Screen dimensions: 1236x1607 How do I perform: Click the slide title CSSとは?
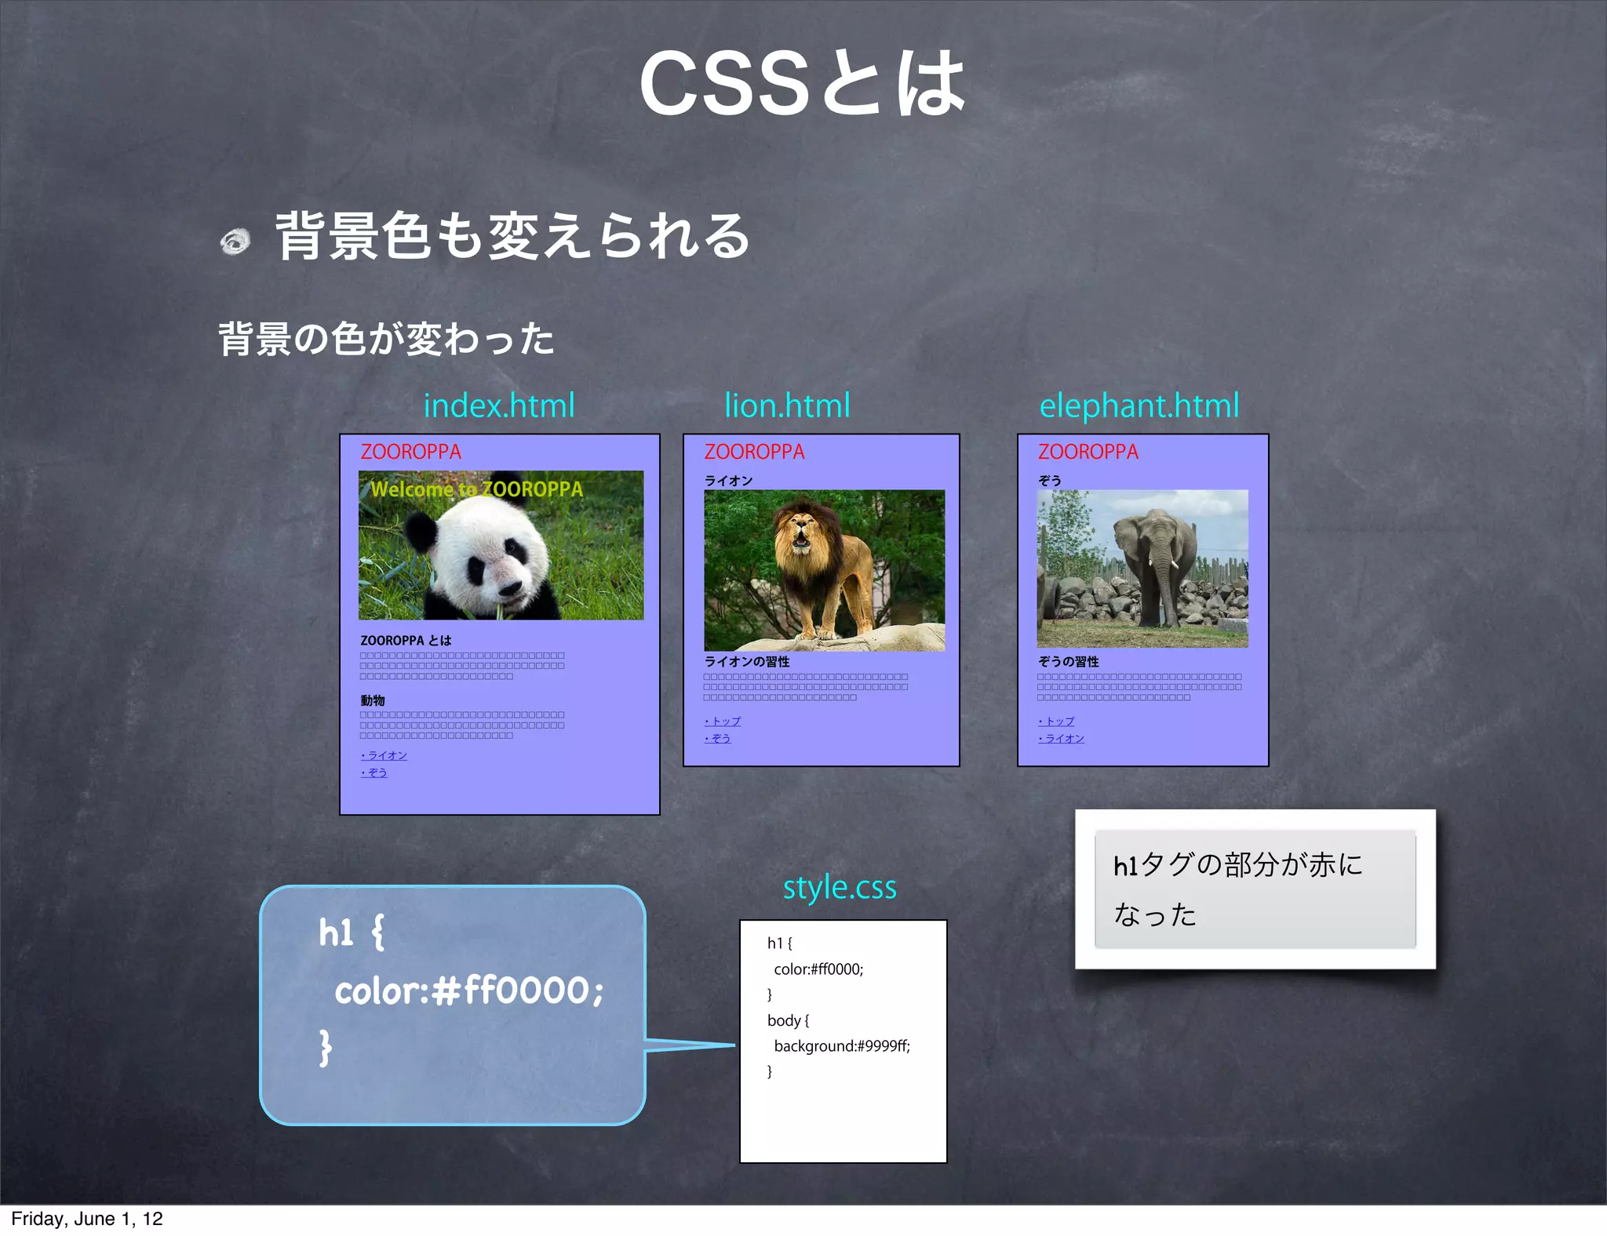(802, 84)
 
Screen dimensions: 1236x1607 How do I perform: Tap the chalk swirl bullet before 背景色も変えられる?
(235, 241)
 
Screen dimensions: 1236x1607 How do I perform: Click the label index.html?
(499, 405)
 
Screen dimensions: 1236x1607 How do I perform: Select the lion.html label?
(787, 405)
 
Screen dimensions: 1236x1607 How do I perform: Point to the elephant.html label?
(1139, 405)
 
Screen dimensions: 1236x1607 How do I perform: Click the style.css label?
(840, 887)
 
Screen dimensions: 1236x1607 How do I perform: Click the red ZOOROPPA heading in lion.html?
(754, 452)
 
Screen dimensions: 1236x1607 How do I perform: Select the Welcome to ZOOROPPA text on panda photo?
(476, 489)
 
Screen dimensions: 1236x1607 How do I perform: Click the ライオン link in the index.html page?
(384, 755)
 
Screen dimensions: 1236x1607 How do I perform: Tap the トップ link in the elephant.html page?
(1056, 721)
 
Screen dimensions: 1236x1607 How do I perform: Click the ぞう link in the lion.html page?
(718, 738)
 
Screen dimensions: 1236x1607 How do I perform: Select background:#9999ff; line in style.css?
(841, 1045)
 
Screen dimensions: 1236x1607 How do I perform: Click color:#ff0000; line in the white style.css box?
(818, 969)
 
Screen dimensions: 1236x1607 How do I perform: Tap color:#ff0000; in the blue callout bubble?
(468, 991)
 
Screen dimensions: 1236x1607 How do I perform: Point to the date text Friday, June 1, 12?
(86, 1219)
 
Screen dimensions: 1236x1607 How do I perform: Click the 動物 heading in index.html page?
(373, 700)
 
